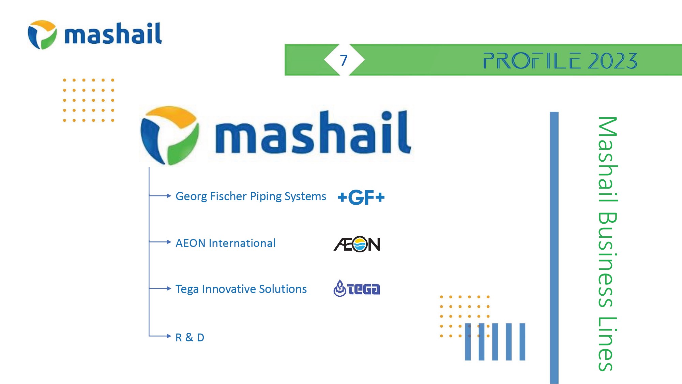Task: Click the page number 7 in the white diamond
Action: coord(344,60)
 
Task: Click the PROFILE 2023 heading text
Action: coord(560,61)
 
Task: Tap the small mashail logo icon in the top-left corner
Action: coord(42,34)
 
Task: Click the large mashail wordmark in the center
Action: coord(313,132)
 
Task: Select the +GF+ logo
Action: coord(361,197)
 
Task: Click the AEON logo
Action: coord(357,244)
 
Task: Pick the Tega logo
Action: coord(357,289)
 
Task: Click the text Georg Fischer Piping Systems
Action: coord(251,196)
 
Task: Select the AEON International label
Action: coord(225,243)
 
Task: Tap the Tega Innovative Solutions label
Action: coord(241,289)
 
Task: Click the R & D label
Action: coord(190,337)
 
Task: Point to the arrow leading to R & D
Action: coord(160,336)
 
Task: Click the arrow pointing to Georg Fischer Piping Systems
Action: coord(160,196)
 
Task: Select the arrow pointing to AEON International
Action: coord(160,242)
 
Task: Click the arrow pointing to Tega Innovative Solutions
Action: coord(160,289)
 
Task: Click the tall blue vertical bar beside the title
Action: coord(554,248)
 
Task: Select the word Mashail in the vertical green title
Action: coord(608,159)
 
